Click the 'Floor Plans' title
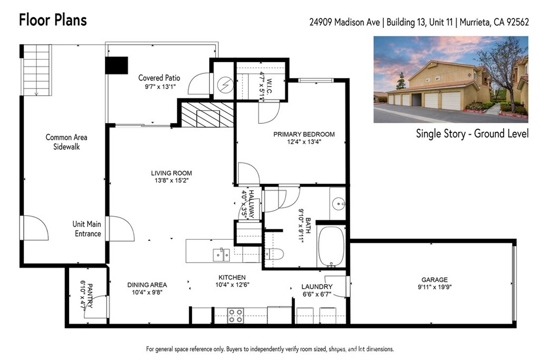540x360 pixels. click(53, 20)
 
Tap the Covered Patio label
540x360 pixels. click(159, 78)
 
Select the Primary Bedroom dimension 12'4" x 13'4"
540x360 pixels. click(304, 141)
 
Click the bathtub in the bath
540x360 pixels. click(331, 247)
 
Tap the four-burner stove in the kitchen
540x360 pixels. click(236, 316)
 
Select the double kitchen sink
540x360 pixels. click(221, 255)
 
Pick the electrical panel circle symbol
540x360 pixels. click(225, 84)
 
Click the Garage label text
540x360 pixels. click(435, 280)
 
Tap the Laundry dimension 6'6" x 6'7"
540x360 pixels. click(317, 294)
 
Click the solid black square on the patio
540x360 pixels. click(117, 65)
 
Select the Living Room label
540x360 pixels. click(171, 173)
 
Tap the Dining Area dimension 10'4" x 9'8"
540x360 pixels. click(147, 293)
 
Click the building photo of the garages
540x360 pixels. click(451, 80)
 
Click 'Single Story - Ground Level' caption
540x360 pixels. click(472, 133)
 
